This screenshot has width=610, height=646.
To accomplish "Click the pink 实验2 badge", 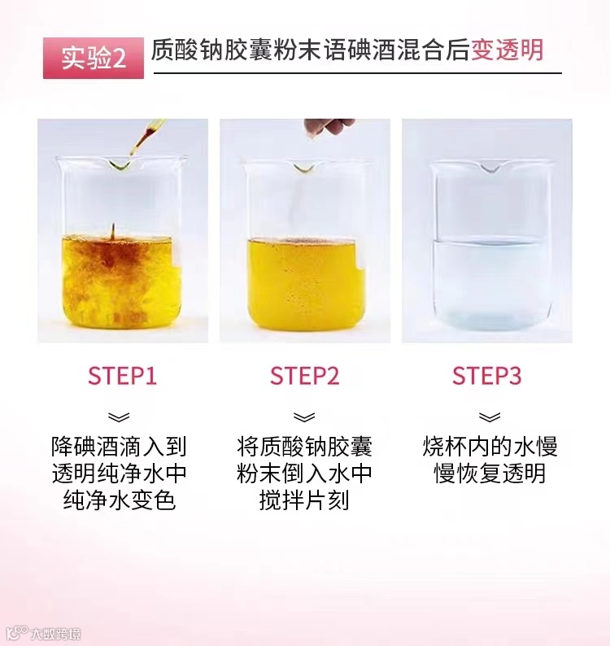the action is [94, 58].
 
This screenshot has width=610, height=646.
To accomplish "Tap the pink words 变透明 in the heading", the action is [508, 50].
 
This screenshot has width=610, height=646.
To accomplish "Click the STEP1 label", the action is [122, 376].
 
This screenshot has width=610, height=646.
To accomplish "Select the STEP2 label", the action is [305, 376].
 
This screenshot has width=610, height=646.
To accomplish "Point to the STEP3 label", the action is [487, 376].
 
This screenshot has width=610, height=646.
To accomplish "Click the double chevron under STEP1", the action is [119, 417].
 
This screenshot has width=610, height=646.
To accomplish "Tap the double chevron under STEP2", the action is [304, 417].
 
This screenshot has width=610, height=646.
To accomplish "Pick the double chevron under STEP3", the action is [490, 417].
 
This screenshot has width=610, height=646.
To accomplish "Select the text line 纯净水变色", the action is [120, 500].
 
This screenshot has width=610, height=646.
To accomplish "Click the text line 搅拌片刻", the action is [304, 500].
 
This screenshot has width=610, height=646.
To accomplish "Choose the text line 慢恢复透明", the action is [490, 474].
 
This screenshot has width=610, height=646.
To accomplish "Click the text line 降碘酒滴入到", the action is [119, 447].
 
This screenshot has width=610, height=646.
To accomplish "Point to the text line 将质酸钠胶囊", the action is [304, 447].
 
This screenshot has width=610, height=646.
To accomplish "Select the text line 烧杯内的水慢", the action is [490, 447].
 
